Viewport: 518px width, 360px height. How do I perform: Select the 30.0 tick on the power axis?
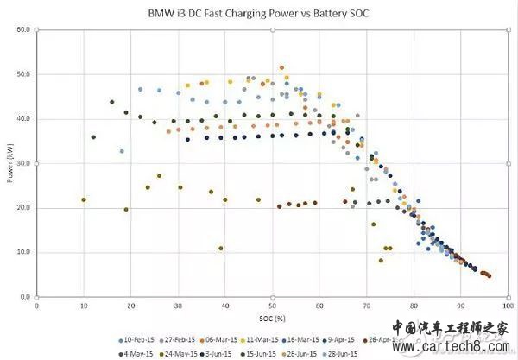22,163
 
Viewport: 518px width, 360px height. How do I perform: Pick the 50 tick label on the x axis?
272,305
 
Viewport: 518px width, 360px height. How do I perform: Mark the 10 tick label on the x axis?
83,305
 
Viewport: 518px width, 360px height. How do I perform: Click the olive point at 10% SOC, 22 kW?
84,199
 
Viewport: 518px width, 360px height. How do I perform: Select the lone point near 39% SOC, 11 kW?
221,249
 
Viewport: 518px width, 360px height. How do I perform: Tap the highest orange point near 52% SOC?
281,67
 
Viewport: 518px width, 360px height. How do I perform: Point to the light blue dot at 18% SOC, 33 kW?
122,151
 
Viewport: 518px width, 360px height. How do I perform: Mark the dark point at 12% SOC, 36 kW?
93,137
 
